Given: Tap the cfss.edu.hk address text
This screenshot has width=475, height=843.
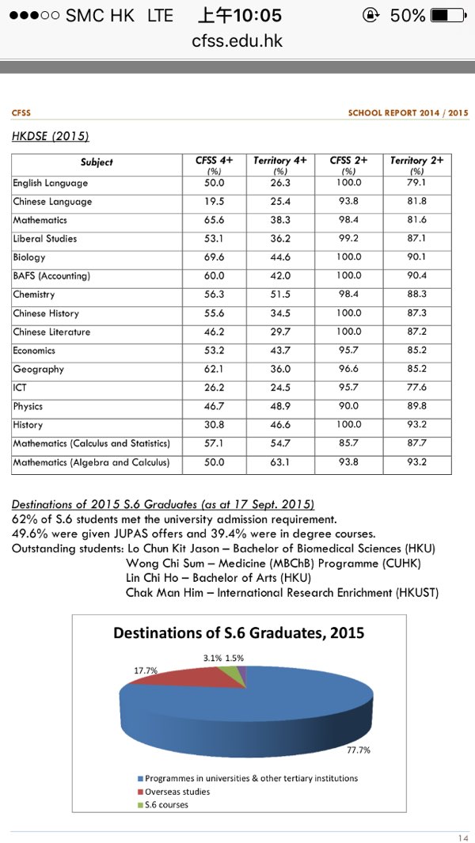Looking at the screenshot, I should pyautogui.click(x=237, y=40).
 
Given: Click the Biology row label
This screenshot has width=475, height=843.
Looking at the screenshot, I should pyautogui.click(x=29, y=257).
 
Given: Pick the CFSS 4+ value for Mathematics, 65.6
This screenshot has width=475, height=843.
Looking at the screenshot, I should pyautogui.click(x=215, y=220).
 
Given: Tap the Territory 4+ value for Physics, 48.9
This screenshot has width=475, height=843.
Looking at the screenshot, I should pyautogui.click(x=279, y=406).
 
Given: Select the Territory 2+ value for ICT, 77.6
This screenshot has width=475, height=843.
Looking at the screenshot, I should pyautogui.click(x=416, y=388).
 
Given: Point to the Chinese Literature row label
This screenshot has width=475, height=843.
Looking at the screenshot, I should pyautogui.click(x=51, y=332).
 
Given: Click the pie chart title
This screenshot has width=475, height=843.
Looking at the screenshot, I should pyautogui.click(x=238, y=633).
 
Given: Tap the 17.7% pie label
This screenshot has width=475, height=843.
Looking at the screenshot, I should pyautogui.click(x=144, y=670).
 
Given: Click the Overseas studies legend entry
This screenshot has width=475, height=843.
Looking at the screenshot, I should pyautogui.click(x=177, y=792).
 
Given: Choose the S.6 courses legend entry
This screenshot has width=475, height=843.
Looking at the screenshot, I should pyautogui.click(x=166, y=804).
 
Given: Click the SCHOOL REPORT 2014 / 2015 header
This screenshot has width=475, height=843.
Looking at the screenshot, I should pyautogui.click(x=408, y=113).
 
